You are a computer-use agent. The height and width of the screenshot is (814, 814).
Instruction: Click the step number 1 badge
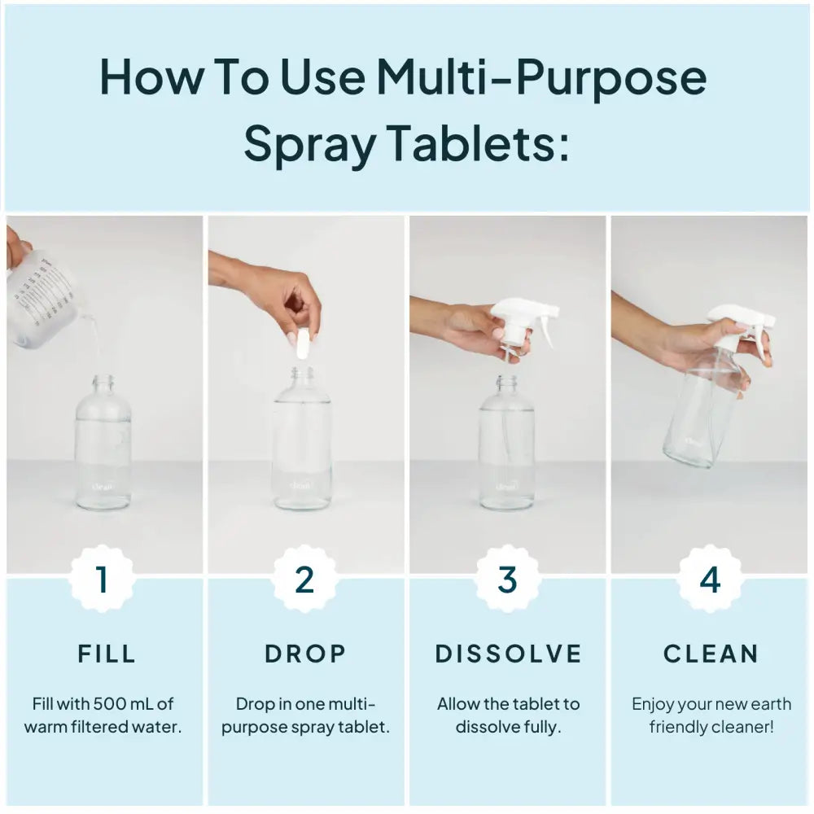click(103, 580)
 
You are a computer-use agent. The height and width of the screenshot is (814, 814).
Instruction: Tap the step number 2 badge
click(304, 580)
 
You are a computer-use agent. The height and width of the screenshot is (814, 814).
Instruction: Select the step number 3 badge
click(507, 580)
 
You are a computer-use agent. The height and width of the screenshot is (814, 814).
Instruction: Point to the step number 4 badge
click(711, 580)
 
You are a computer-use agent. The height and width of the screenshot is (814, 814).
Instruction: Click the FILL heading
click(107, 653)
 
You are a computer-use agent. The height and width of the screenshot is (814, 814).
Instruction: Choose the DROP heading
click(306, 653)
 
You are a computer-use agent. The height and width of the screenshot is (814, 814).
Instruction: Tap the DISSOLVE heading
click(509, 653)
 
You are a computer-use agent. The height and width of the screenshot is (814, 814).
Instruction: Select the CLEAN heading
click(711, 653)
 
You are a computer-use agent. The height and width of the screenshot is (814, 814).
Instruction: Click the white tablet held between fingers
click(302, 344)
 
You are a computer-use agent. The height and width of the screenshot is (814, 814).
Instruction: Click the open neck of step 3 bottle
click(506, 381)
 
